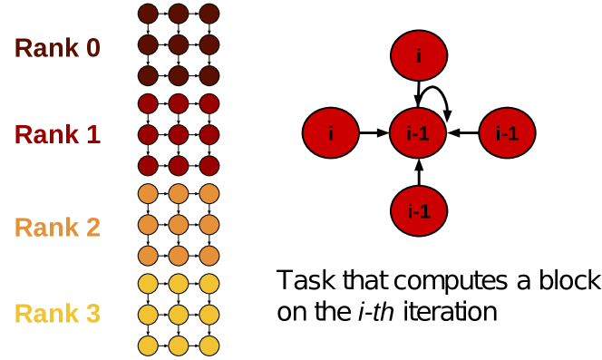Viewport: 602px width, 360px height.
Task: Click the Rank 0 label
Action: point(57,48)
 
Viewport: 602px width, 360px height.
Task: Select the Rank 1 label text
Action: point(57,135)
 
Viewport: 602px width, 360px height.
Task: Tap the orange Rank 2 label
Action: point(57,227)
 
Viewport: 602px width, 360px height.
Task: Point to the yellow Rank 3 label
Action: point(57,315)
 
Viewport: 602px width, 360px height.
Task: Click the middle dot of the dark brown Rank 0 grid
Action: point(179,44)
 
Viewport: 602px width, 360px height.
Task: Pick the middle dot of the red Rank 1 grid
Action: point(179,135)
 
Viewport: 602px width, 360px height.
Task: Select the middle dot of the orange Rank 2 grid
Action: point(179,225)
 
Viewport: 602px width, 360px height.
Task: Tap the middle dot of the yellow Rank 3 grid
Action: point(179,315)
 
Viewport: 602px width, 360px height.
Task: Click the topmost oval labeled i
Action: point(419,55)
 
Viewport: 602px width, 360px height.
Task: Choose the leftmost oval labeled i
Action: point(331,133)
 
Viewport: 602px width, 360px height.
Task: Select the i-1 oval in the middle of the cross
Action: point(419,133)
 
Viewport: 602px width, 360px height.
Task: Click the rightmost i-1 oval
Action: point(507,133)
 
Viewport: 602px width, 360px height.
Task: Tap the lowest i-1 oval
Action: point(419,211)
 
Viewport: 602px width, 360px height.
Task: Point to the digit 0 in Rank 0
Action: point(92,48)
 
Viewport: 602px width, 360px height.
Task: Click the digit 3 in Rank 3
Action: point(92,315)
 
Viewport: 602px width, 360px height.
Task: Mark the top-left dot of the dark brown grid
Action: point(148,14)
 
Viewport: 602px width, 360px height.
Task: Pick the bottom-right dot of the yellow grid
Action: point(209,345)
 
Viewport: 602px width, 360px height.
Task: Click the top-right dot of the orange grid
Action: point(209,194)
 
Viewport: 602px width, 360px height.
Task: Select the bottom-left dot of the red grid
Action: point(148,166)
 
